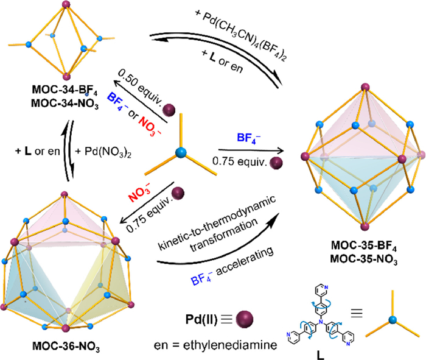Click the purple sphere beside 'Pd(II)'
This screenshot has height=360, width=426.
[x=243, y=319]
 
